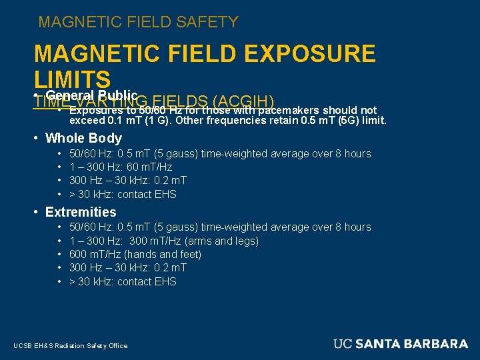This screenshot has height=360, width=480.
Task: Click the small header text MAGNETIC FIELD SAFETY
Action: click(x=138, y=22)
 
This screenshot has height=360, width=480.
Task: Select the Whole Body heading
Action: click(x=83, y=138)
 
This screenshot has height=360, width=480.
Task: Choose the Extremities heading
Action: click(x=81, y=212)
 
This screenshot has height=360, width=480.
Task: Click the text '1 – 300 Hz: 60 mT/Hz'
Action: click(x=121, y=167)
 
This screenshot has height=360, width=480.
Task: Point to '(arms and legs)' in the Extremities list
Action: click(x=225, y=241)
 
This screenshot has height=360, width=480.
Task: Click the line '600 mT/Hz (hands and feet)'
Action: click(x=135, y=254)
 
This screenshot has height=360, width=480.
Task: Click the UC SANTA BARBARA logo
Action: click(x=401, y=344)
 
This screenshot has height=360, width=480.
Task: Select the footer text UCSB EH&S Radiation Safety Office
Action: click(x=70, y=345)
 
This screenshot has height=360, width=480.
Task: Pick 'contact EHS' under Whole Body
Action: click(x=147, y=194)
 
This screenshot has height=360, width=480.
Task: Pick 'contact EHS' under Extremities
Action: click(x=147, y=281)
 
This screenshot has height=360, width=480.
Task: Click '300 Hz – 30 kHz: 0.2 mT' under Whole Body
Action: click(x=128, y=180)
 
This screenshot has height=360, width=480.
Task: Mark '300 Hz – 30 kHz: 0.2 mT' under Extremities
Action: click(x=128, y=267)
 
